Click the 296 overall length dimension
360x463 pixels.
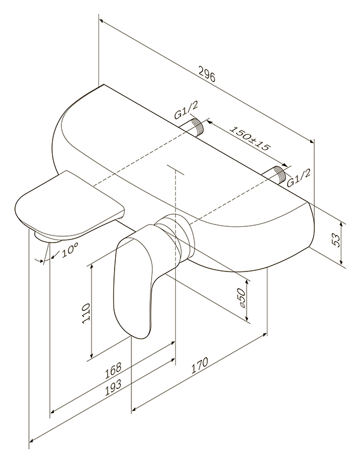pyautogui.click(x=207, y=75)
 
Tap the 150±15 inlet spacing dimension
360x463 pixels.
pyautogui.click(x=250, y=138)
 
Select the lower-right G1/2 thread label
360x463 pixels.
pyautogui.click(x=299, y=179)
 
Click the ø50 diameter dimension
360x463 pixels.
pyautogui.click(x=241, y=299)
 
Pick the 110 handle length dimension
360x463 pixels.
pyautogui.click(x=86, y=314)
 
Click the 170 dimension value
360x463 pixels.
pyautogui.click(x=200, y=366)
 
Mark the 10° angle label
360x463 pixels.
pyautogui.click(x=70, y=250)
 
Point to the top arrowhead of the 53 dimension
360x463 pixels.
pyautogui.click(x=341, y=226)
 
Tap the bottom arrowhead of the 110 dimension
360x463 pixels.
pyautogui.click(x=92, y=354)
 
